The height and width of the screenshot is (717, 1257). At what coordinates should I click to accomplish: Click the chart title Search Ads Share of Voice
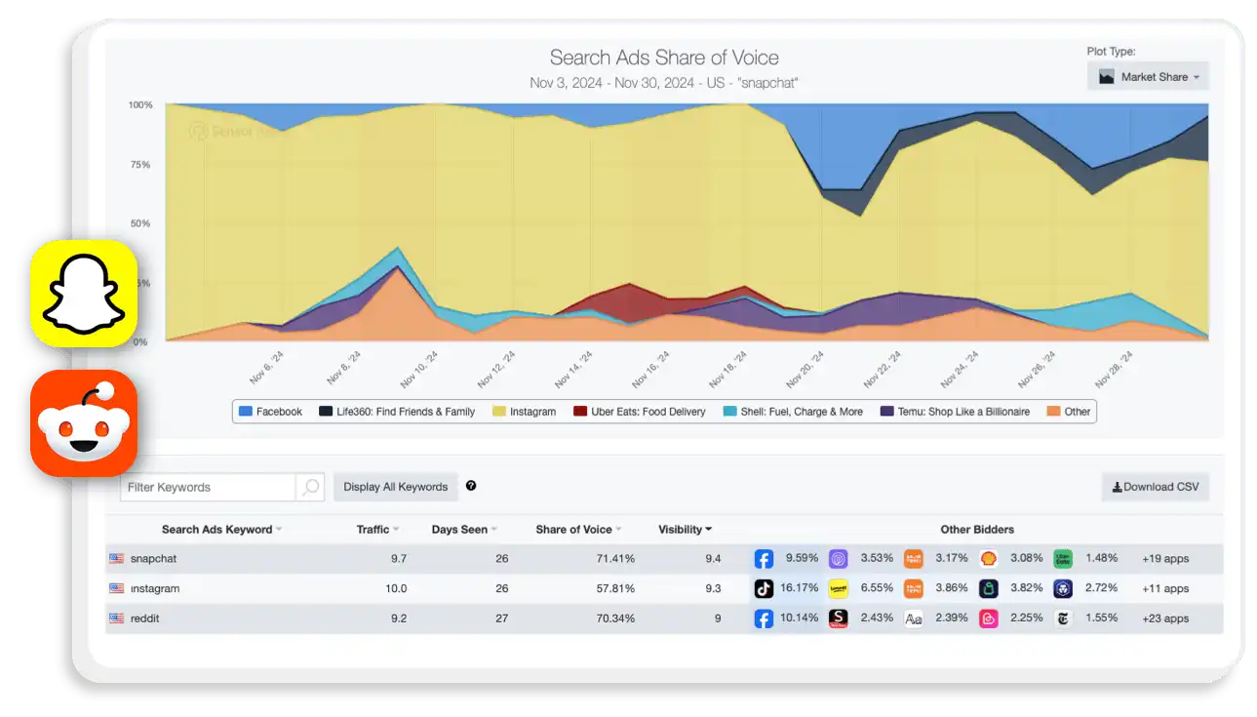(664, 58)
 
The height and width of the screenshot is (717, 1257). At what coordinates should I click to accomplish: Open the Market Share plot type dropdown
(1148, 77)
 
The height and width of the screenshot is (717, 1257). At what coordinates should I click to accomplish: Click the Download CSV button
(1156, 487)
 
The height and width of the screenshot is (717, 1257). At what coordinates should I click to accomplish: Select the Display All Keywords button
(395, 487)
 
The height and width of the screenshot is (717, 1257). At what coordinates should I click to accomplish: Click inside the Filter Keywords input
(208, 487)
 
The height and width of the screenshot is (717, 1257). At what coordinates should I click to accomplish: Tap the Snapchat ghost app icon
(84, 293)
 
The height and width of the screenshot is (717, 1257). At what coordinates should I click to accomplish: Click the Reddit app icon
(84, 422)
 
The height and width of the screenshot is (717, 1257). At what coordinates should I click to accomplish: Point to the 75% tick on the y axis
(139, 164)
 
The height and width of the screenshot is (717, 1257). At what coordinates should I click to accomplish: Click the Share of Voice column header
(573, 530)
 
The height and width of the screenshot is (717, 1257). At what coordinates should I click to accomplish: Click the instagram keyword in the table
(154, 588)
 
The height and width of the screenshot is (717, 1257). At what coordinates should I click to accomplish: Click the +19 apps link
(1164, 559)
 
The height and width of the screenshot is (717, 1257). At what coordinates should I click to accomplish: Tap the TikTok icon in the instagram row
(764, 588)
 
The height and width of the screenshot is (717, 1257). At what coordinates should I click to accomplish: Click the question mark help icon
(471, 486)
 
